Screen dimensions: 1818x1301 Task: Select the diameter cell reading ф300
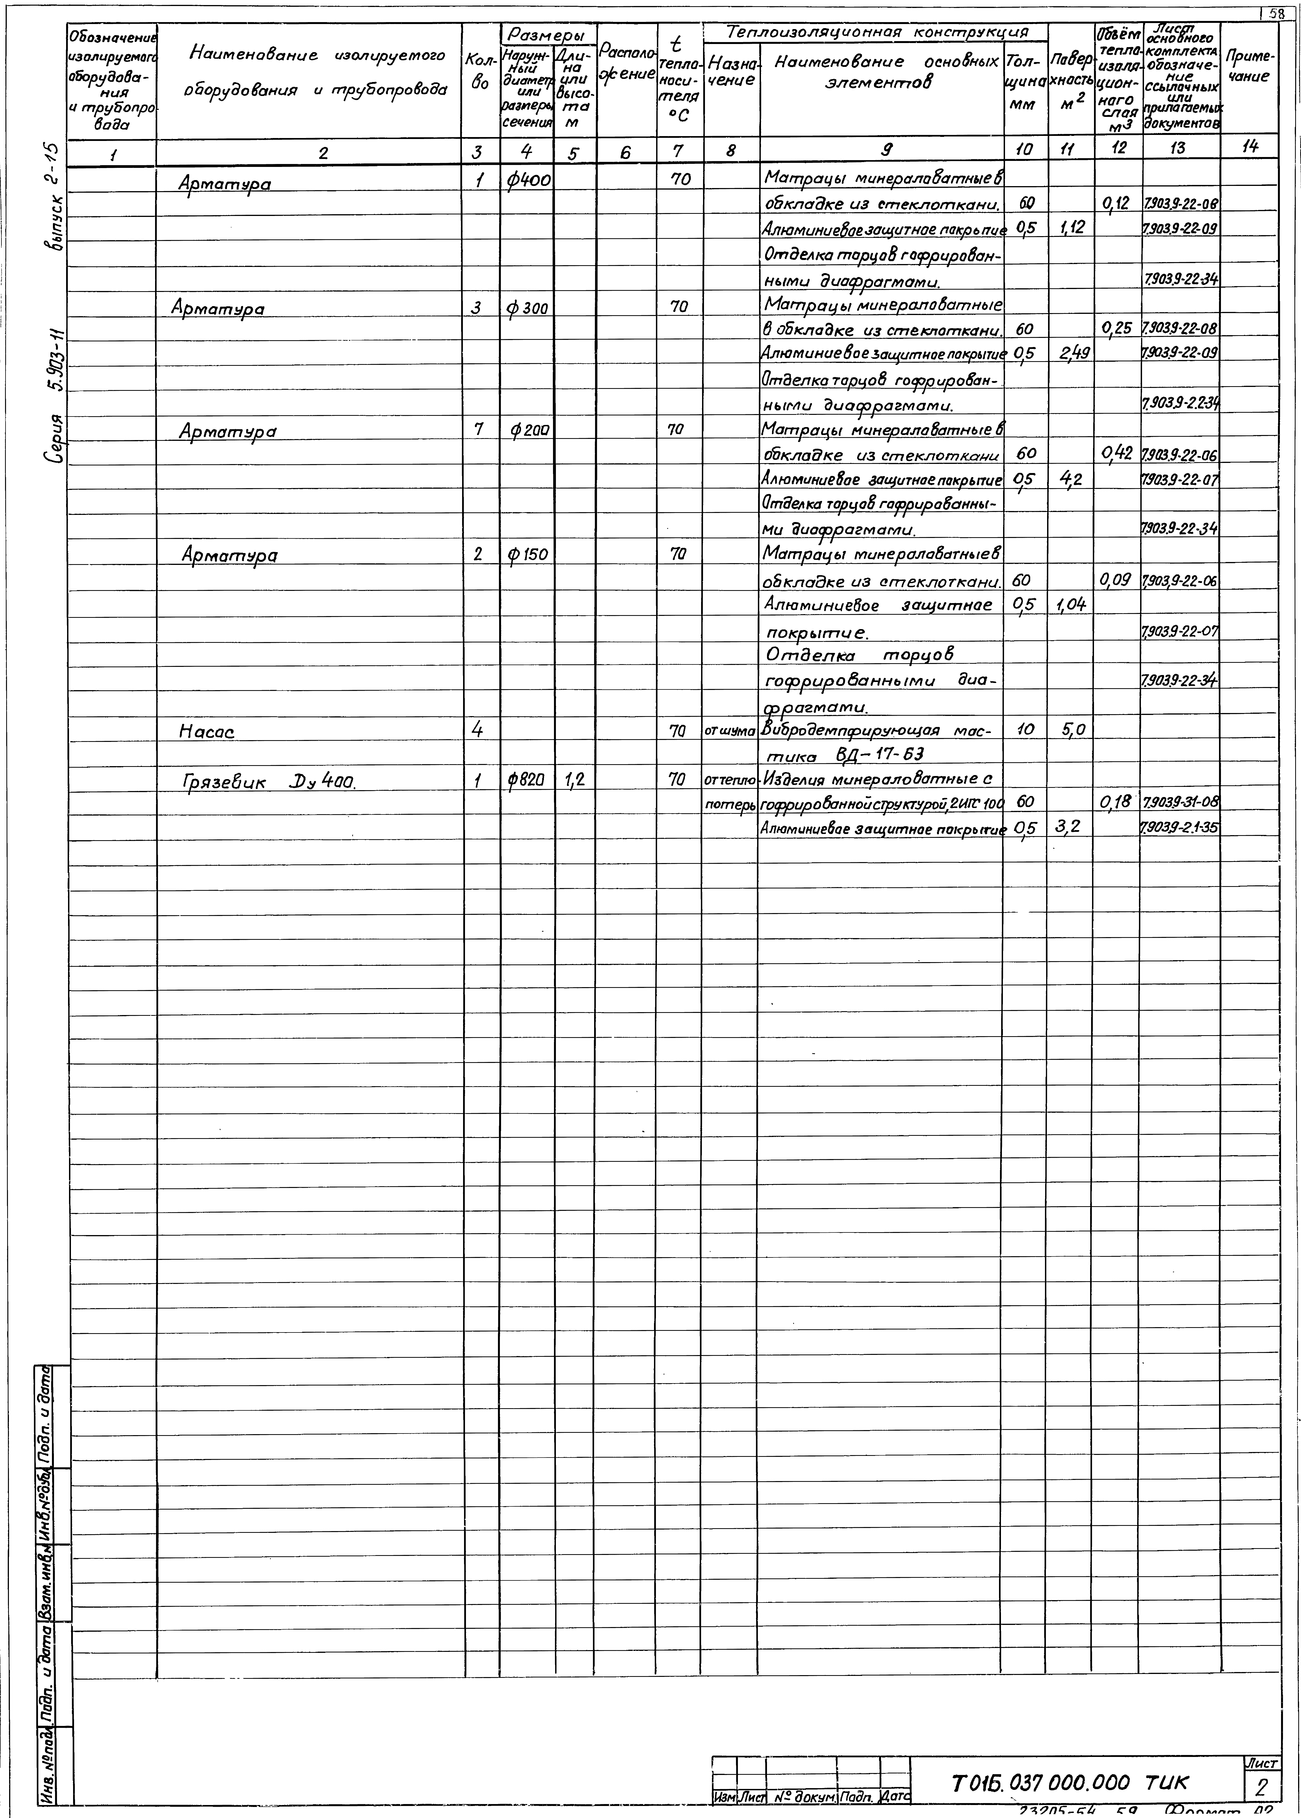(x=527, y=307)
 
